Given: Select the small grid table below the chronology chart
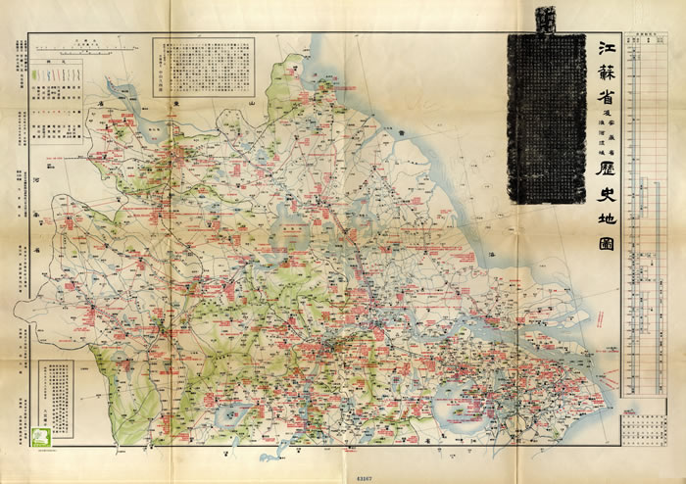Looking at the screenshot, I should click(x=644, y=422).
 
